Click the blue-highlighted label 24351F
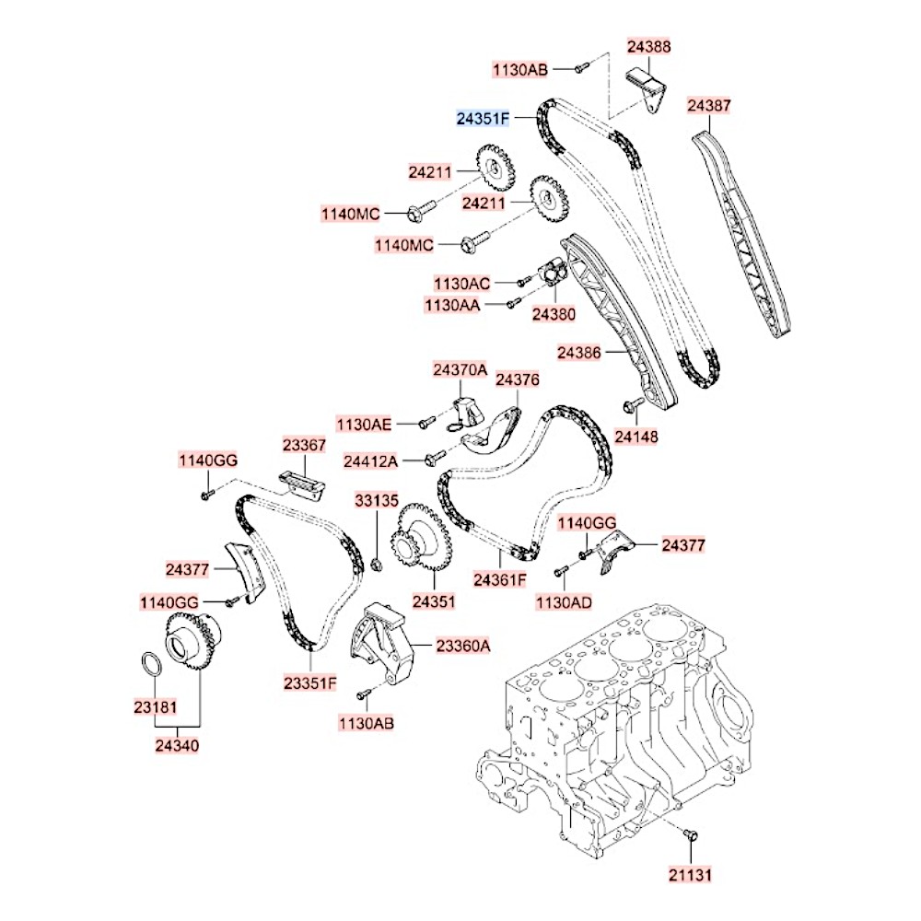(483, 119)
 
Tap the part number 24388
(648, 46)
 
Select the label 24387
(709, 106)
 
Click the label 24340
(177, 745)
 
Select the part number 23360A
(463, 647)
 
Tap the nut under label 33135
(378, 565)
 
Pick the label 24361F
(500, 579)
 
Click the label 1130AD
(564, 602)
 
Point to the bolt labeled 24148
(635, 404)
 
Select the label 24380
(554, 314)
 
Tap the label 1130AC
(461, 284)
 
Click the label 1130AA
(452, 305)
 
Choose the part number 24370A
(460, 369)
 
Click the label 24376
(517, 379)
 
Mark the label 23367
(304, 445)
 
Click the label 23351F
(310, 683)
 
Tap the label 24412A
(370, 461)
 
